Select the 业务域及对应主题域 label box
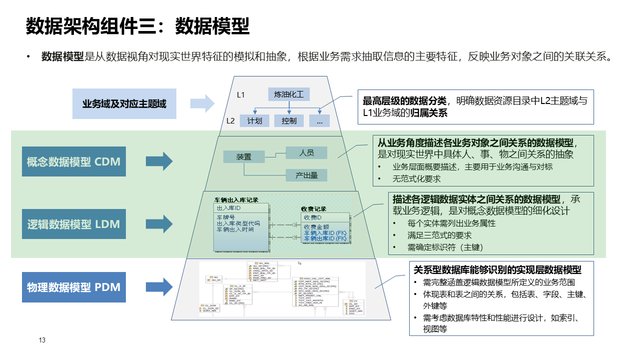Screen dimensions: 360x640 124,104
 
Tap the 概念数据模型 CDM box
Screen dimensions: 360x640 74,161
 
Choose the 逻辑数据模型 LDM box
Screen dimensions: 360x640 74,224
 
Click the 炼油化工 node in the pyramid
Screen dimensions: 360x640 289,94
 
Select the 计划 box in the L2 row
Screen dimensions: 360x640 255,120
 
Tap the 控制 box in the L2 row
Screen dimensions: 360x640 289,120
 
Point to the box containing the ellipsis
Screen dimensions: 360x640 319,120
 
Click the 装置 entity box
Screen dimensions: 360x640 244,156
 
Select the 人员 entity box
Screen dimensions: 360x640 306,152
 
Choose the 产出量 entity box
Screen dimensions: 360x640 306,175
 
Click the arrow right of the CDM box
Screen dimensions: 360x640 159,161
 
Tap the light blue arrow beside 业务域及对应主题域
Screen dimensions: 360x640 202,104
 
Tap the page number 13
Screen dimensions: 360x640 42,340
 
